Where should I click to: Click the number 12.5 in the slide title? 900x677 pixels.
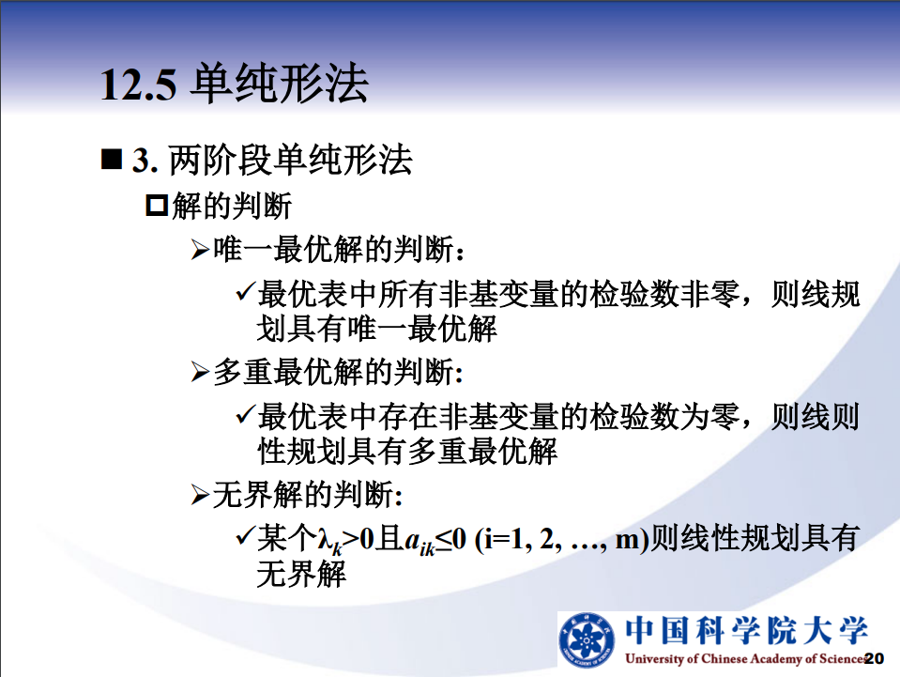[x=138, y=85]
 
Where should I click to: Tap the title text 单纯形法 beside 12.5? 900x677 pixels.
[x=279, y=84]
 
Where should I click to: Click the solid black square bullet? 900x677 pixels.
[x=112, y=159]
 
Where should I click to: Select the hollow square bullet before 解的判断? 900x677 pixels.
[x=157, y=206]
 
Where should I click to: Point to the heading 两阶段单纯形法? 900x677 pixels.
[x=290, y=160]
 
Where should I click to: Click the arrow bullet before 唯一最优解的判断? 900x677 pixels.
[x=200, y=250]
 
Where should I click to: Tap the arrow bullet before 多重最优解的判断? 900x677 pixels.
[x=200, y=372]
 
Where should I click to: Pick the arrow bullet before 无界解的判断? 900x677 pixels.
[x=200, y=495]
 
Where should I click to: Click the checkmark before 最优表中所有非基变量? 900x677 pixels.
[x=245, y=292]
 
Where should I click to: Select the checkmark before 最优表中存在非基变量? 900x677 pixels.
[x=245, y=414]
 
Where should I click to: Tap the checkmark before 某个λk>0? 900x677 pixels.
[x=245, y=536]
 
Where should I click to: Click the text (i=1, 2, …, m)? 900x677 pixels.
[x=561, y=540]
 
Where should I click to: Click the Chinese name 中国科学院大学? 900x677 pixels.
[x=746, y=630]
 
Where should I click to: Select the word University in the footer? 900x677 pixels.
[x=654, y=658]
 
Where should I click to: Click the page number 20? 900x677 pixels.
[x=874, y=658]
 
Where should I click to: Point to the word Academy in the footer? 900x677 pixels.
[x=775, y=658]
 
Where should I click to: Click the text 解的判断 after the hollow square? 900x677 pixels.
[x=232, y=207]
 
